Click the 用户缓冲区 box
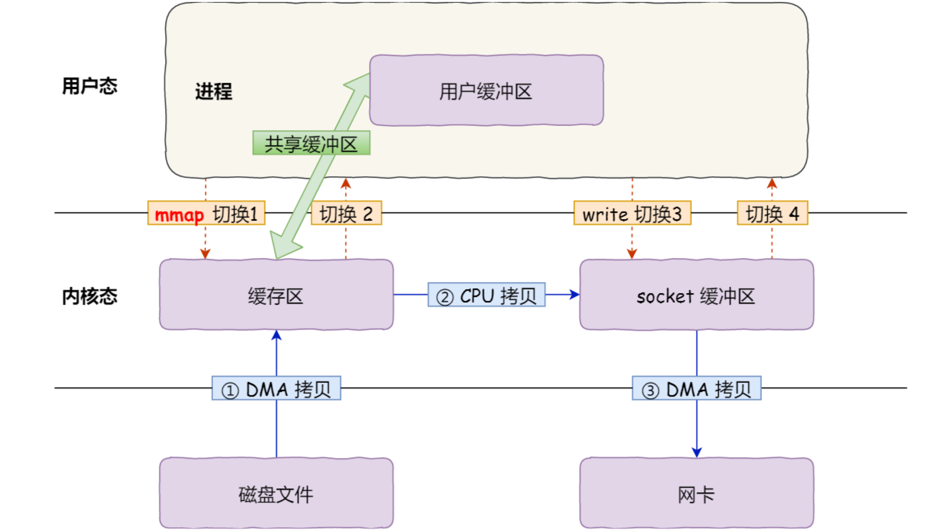(x=486, y=91)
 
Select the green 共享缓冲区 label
(x=311, y=143)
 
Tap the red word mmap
(x=179, y=215)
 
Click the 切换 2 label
(x=346, y=213)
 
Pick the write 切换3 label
(x=632, y=213)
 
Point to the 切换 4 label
(x=772, y=213)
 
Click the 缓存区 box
(x=276, y=295)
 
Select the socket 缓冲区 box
(x=696, y=295)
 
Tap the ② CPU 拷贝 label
(x=486, y=295)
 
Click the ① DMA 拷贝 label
(x=276, y=388)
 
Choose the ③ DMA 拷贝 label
(x=696, y=388)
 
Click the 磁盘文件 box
(x=276, y=494)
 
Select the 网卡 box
(x=696, y=494)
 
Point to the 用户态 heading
(x=90, y=86)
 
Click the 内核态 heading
(x=90, y=296)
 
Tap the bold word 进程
(x=214, y=91)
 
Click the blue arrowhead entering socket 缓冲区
(x=575, y=294)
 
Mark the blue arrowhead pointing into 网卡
(x=696, y=452)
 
